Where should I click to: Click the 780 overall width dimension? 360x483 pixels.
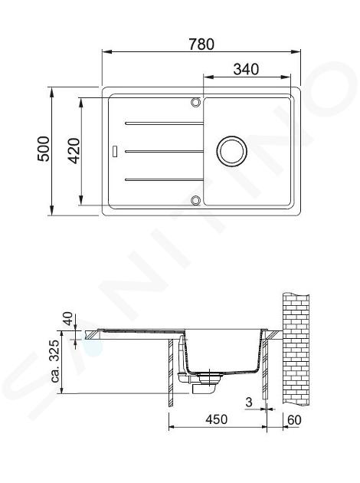point(201,44)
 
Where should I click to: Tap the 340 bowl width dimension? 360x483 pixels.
point(246,69)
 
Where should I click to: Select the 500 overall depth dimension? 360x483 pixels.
point(44,149)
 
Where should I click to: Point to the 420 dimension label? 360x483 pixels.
point(74,150)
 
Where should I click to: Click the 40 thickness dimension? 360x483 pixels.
point(68,318)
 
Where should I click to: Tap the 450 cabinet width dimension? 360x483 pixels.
point(216,419)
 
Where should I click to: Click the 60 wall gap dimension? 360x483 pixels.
point(294,420)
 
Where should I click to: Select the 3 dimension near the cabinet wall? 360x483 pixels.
point(249,402)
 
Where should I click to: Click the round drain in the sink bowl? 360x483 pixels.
point(231,151)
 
